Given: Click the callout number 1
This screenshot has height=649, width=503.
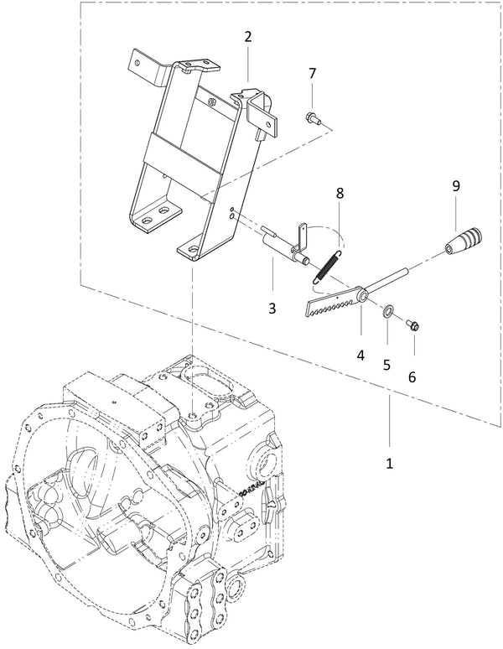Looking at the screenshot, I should [390, 462].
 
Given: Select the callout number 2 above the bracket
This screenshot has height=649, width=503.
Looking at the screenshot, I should [248, 37].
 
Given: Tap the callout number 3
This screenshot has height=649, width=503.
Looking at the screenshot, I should [272, 308].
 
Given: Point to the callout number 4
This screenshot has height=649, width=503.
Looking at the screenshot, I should [360, 355].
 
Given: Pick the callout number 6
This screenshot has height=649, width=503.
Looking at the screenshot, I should [412, 377].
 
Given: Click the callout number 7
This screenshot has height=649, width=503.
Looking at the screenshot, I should [312, 74].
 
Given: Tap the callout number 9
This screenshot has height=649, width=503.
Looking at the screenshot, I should [456, 186].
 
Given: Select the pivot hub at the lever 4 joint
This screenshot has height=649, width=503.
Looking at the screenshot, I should [363, 295].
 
